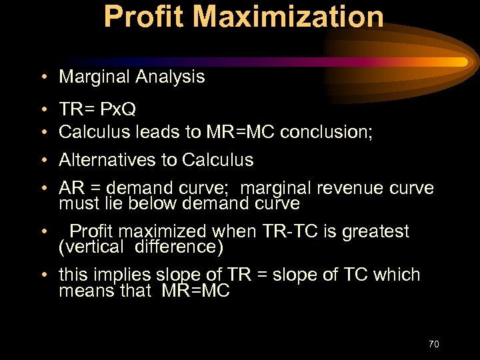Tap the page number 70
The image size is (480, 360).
[433, 344]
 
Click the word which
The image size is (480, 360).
[397, 275]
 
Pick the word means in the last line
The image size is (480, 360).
[83, 291]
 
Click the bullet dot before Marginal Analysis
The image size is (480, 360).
[43, 77]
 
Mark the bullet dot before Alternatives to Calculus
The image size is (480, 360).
[43, 161]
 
